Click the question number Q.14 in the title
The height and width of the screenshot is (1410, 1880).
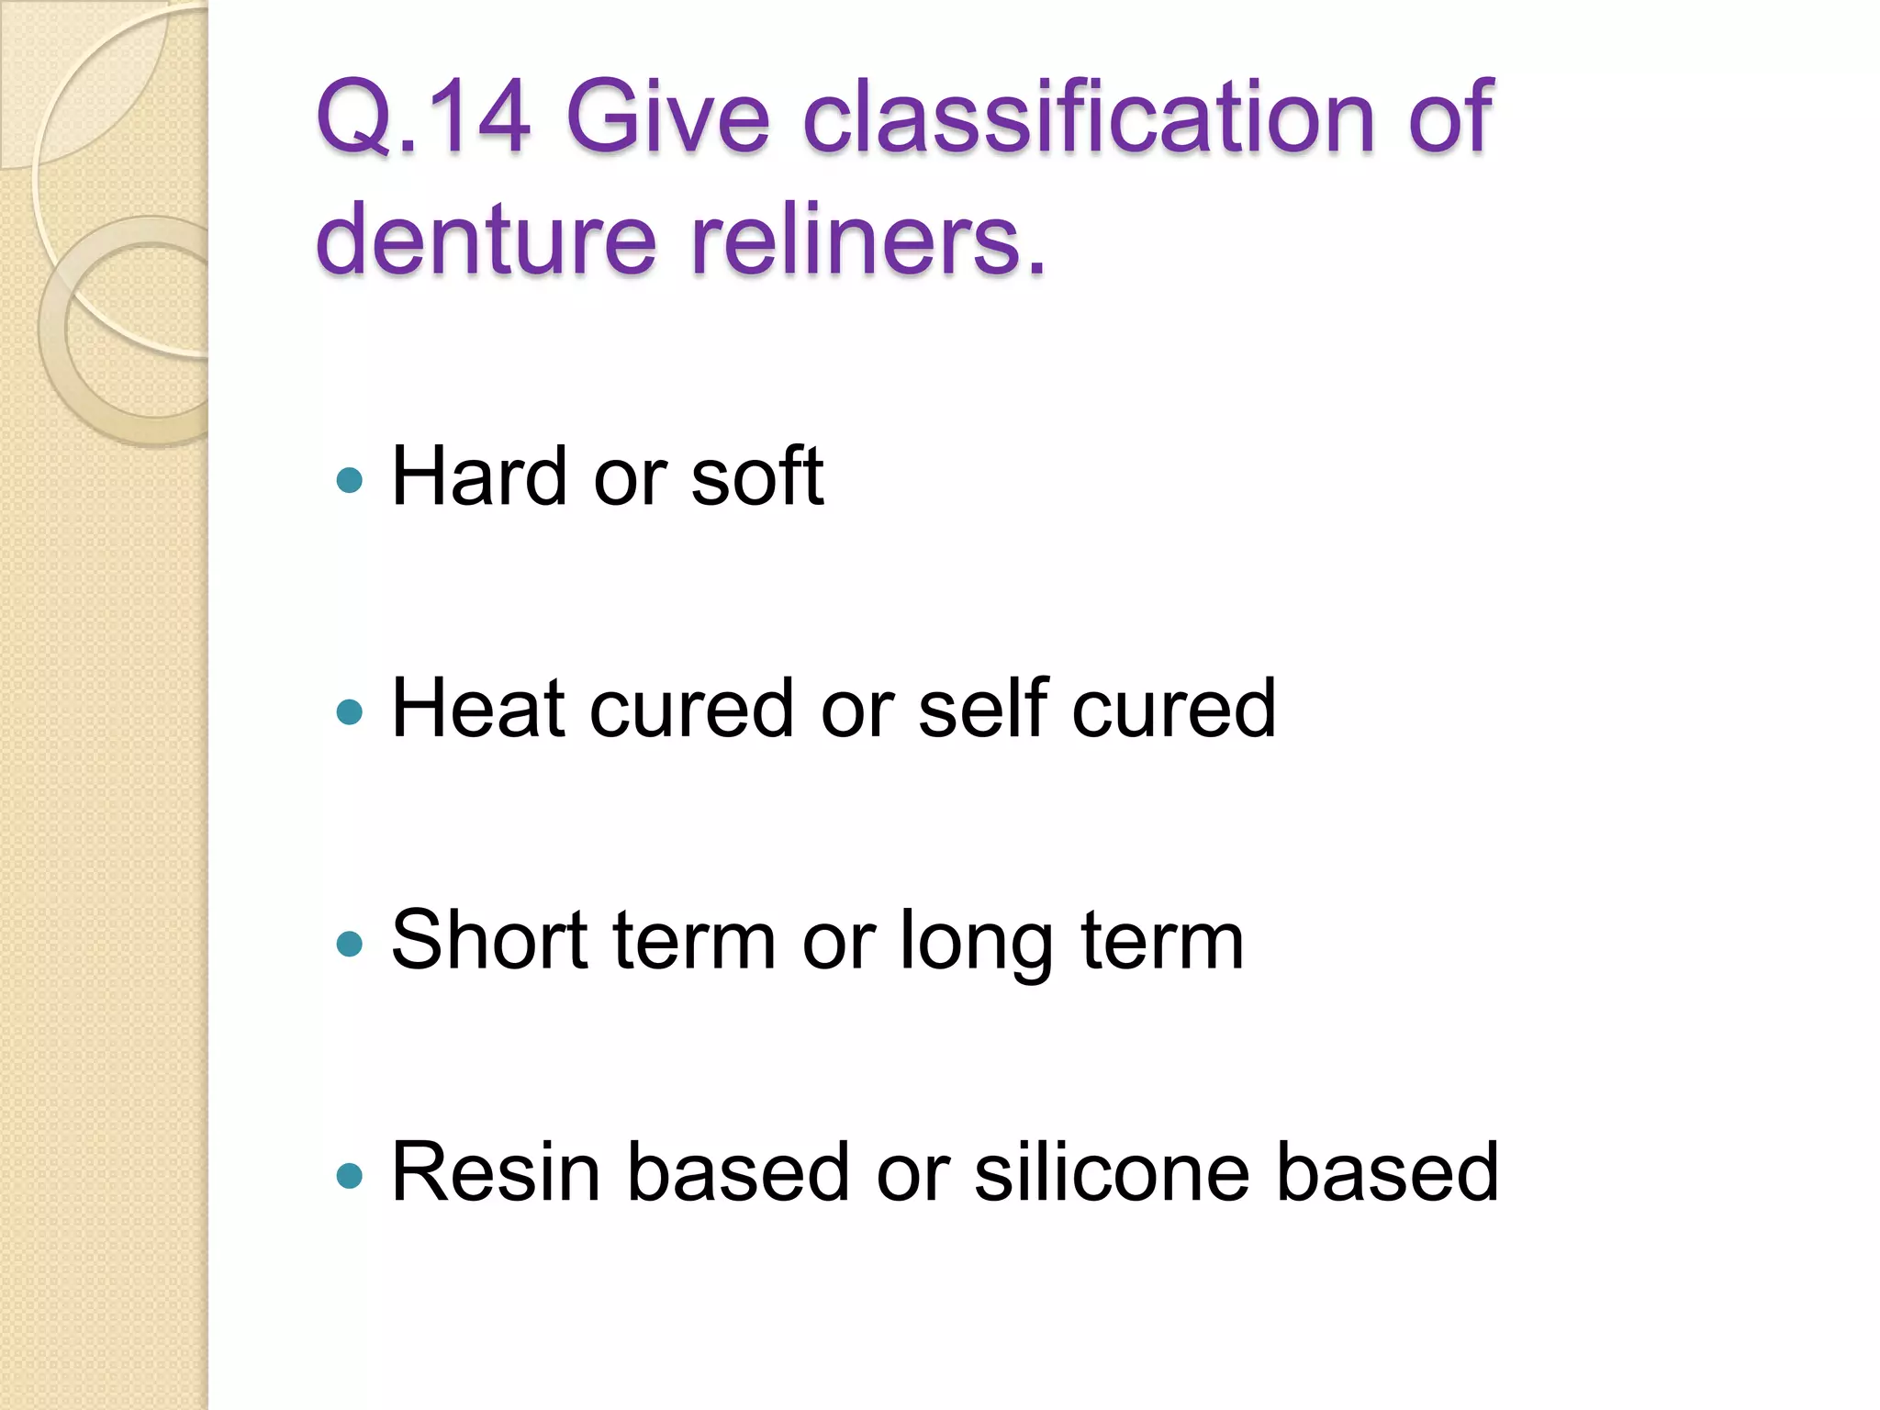point(423,117)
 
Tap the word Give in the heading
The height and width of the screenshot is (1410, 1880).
point(667,117)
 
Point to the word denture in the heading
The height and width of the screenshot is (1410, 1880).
point(486,239)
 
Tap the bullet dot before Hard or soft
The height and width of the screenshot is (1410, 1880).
point(350,479)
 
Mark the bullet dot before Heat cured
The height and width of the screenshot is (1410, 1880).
point(350,711)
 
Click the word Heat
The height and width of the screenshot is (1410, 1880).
point(484,708)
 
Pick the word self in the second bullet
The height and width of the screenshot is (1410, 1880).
point(983,708)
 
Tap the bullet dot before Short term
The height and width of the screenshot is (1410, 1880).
point(350,944)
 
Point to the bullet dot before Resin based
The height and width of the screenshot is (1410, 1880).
point(350,1176)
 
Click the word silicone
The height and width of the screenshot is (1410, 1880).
point(1111,1172)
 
